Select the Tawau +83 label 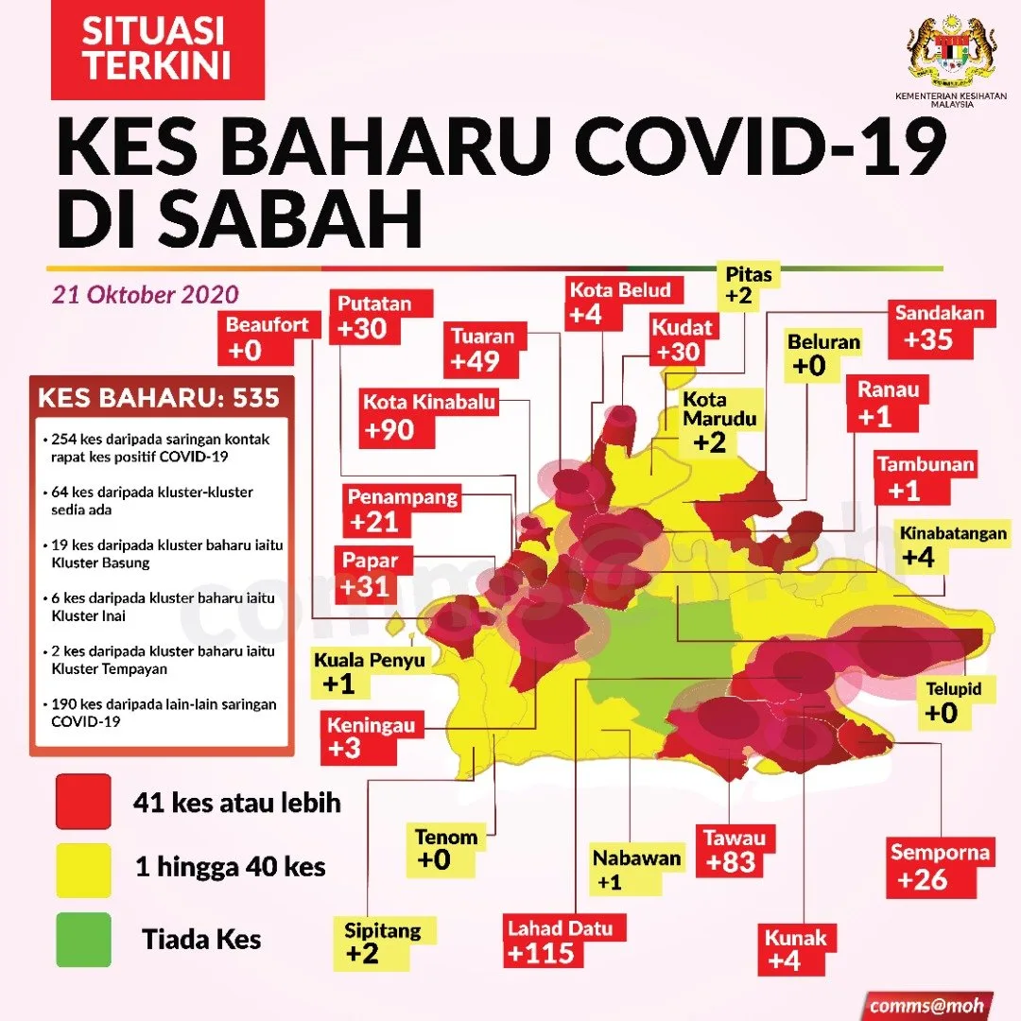coord(733,851)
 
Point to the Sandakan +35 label coord(940,327)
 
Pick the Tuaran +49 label coord(483,350)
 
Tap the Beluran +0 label coord(823,354)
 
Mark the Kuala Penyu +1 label coord(370,671)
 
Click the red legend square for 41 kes coord(83,803)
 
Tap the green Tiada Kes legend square coord(83,939)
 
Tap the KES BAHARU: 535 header coord(159,397)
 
